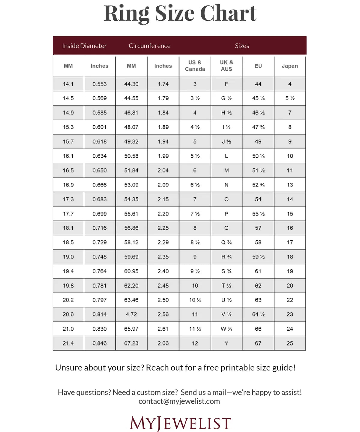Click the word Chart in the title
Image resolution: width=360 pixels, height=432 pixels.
click(x=228, y=14)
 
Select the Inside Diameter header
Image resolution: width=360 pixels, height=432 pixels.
click(x=84, y=46)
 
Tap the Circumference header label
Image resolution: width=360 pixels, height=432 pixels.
click(x=149, y=46)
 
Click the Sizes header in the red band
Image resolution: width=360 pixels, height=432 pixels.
click(x=242, y=46)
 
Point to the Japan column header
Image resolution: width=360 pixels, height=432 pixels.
click(x=289, y=66)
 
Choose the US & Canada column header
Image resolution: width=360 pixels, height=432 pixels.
click(x=195, y=66)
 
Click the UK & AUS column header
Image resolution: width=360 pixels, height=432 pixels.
click(x=226, y=66)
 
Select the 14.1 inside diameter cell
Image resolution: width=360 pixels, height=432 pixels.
click(x=68, y=84)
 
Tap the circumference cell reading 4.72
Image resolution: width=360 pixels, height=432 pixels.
click(x=131, y=314)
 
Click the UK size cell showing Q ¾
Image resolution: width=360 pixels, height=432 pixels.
click(x=226, y=242)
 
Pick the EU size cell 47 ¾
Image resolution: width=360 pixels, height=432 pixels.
click(x=258, y=127)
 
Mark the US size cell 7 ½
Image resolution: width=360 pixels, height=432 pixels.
click(x=195, y=214)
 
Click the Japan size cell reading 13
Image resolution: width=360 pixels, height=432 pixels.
click(x=289, y=185)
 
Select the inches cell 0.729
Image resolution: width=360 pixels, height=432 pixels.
click(x=100, y=242)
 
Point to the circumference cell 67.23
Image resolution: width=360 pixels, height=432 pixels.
click(x=131, y=343)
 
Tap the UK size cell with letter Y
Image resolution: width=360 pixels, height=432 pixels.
click(x=226, y=343)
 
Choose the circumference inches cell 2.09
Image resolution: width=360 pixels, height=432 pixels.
click(x=163, y=185)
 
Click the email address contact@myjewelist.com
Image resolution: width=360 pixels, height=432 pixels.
click(x=179, y=401)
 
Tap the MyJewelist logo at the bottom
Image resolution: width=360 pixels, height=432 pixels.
click(x=180, y=423)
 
